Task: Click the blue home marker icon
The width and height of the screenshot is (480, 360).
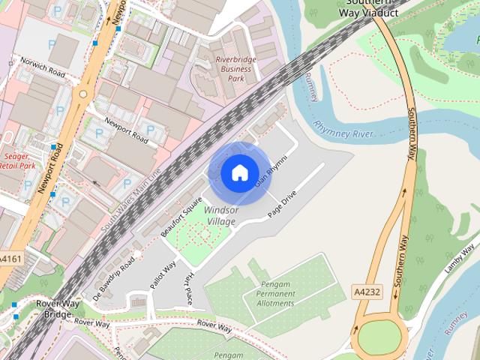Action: [239, 173]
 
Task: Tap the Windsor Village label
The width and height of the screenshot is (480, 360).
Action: [221, 216]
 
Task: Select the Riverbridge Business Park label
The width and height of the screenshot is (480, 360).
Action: [233, 68]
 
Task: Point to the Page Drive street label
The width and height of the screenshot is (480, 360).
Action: [283, 202]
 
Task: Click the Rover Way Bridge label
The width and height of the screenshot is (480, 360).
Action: [53, 309]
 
